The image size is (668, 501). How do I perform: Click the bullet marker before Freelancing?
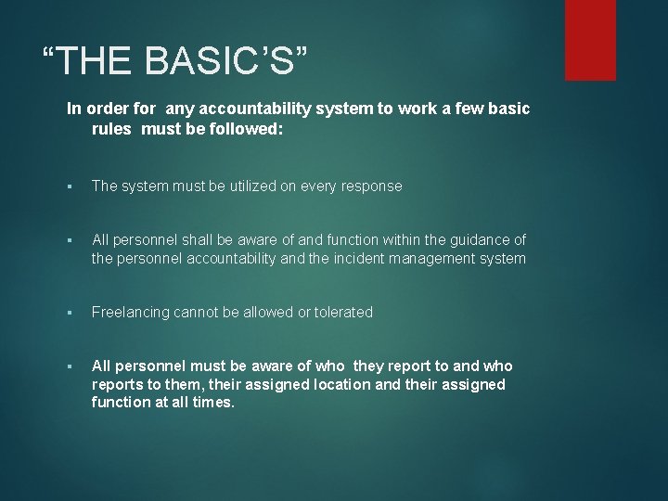71,314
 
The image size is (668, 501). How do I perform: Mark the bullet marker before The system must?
71,186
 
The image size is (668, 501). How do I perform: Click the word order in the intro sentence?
103,109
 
